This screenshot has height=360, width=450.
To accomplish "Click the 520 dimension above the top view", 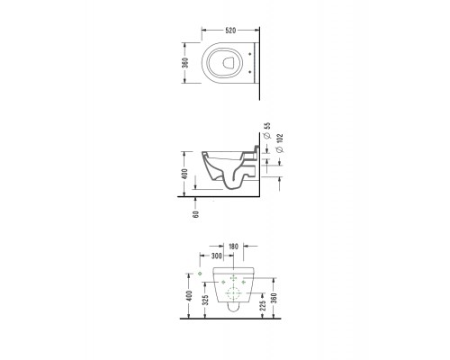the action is [x=230, y=31].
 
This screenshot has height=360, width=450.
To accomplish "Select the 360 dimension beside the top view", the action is [x=185, y=63].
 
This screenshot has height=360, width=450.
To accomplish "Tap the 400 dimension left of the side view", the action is [x=184, y=174].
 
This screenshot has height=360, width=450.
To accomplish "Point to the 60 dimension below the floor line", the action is [x=196, y=214].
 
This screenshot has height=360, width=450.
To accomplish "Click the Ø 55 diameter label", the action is [x=267, y=130].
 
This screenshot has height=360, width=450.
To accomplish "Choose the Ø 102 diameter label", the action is [x=280, y=143].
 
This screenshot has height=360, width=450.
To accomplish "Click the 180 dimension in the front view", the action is [x=233, y=247].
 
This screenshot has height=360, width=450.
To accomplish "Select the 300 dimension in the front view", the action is [x=217, y=256].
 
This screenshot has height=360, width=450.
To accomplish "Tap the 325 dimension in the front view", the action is [x=205, y=300].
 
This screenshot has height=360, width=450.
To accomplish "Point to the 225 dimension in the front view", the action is [x=263, y=306].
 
